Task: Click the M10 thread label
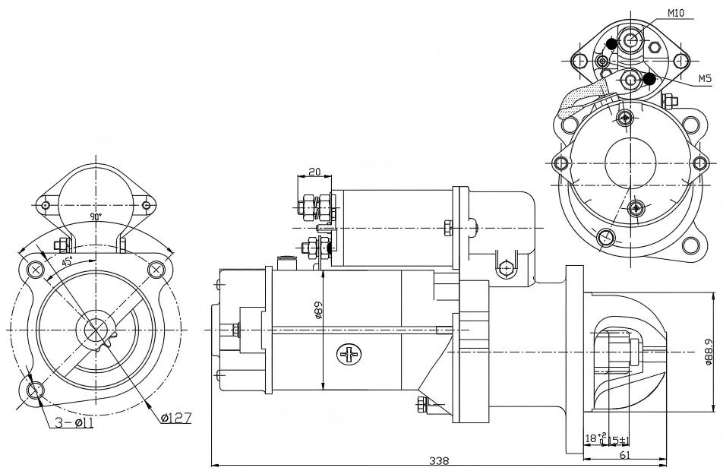(676, 13)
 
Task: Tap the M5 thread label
(704, 79)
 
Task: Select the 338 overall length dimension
(438, 460)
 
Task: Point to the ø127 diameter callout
(176, 418)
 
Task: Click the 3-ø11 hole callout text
(74, 422)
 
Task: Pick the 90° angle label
(96, 216)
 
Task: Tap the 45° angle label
(68, 261)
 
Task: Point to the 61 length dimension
(624, 455)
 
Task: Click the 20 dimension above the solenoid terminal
(314, 172)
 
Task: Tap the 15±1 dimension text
(618, 440)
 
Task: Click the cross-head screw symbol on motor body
(349, 354)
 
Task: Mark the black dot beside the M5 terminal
(649, 79)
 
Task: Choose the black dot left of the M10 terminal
(611, 44)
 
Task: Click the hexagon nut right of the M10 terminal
(655, 47)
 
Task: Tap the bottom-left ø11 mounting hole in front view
(34, 390)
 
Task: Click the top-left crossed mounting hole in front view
(36, 269)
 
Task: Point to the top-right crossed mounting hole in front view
(156, 268)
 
